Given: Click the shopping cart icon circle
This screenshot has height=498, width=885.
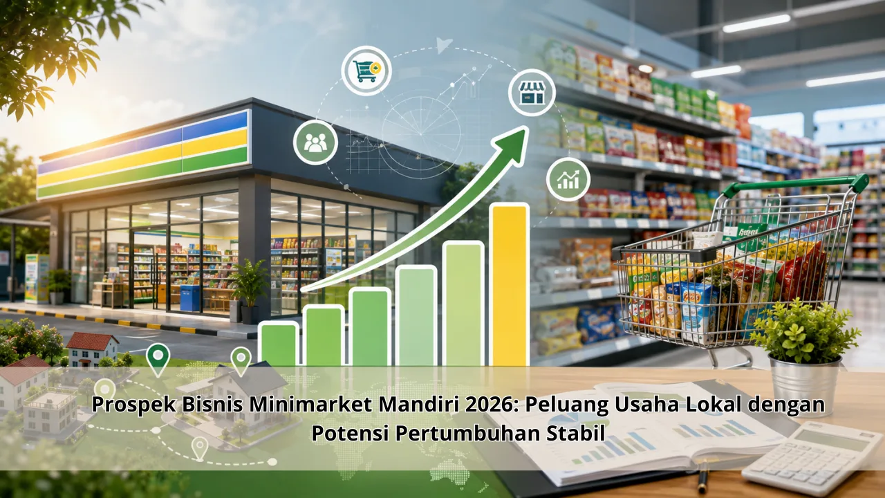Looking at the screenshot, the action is [x=366, y=71].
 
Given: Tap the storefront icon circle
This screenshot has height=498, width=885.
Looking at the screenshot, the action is [x=532, y=93].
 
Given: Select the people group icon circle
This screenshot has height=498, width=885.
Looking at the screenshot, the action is [x=315, y=142].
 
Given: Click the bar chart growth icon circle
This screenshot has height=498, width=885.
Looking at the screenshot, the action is [x=568, y=179].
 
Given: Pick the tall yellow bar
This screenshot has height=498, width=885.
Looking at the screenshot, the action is [x=509, y=284].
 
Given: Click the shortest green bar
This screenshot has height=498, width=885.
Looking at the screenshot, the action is [x=278, y=344].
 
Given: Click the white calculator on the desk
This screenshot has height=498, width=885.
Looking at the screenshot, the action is [x=813, y=460].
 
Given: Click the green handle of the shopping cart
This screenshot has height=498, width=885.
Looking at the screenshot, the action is [x=794, y=185].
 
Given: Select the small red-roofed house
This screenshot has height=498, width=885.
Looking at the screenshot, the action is [x=92, y=349].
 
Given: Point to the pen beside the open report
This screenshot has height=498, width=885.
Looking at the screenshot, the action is [x=702, y=479].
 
